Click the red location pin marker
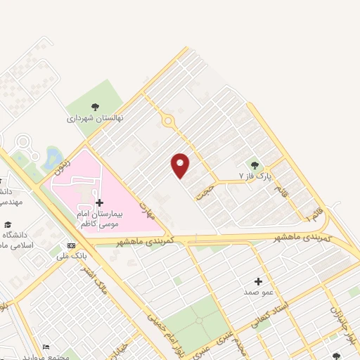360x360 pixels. click(x=181, y=165)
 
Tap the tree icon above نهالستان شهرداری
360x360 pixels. click(x=95, y=107)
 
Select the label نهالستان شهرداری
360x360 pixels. click(x=95, y=119)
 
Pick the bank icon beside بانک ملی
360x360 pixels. click(x=70, y=245)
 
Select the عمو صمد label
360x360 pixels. click(x=258, y=291)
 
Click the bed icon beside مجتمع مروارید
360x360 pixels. click(x=46, y=347)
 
